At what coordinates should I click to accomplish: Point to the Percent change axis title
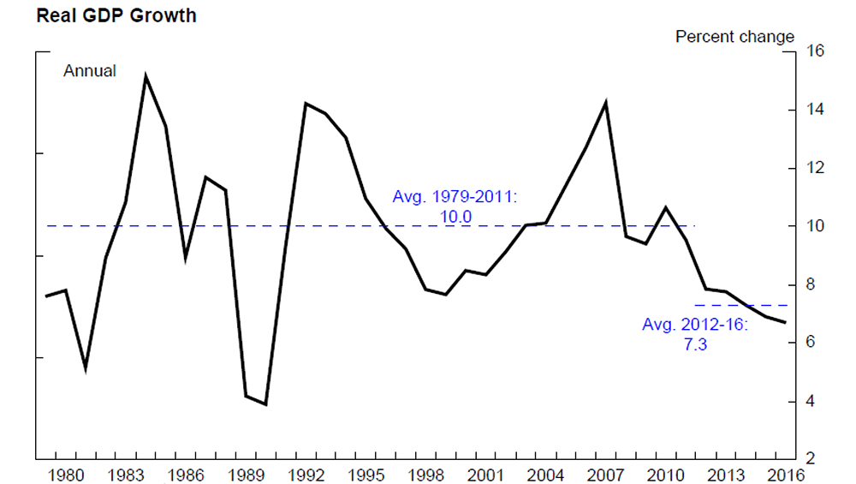pos(734,37)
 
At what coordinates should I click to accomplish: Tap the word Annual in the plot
pos(90,71)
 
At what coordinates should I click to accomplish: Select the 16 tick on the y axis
pos(814,51)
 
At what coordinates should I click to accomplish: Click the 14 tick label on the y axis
pos(814,110)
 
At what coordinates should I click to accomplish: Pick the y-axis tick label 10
pos(814,226)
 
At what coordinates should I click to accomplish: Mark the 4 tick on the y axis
pos(814,402)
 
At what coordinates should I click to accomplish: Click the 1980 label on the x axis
pos(65,474)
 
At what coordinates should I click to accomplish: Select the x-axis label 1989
pos(247,474)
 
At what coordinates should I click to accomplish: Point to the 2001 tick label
pos(486,474)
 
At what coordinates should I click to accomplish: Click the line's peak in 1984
pos(146,76)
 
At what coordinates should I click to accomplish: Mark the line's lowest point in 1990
pos(266,404)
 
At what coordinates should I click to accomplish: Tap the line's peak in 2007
pos(606,103)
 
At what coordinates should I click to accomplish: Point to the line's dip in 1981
pos(86,368)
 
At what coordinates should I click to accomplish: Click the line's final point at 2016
pos(786,322)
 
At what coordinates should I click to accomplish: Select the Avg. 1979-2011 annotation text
pos(455,197)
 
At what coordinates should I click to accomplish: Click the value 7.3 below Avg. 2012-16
pos(694,345)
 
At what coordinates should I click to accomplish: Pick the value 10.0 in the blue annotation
pos(455,217)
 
